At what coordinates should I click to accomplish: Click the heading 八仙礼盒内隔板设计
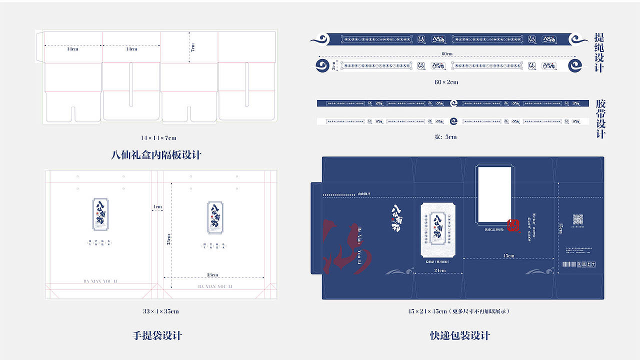pos(156,155)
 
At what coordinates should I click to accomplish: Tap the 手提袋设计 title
pos(157,335)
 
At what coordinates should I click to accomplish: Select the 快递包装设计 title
pos(460,335)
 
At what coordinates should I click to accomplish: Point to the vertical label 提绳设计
pos(599,52)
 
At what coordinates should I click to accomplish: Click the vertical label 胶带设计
pos(600,119)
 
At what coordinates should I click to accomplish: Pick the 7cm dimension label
pos(192,47)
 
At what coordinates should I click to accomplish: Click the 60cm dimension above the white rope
pos(446,54)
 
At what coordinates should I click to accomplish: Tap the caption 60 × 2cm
pos(446,82)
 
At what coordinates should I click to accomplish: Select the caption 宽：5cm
pos(445,137)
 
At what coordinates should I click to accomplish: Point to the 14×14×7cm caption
pos(158,138)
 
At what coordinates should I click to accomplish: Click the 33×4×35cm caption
pos(160,311)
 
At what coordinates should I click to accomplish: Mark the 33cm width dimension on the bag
pos(212,275)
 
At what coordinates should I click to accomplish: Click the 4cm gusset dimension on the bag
pos(158,206)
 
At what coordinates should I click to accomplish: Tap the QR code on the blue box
pos(578,219)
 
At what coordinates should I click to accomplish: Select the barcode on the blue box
pos(569,264)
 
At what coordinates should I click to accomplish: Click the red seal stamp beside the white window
pos(513,225)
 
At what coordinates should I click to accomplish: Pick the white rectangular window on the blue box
pos(494,194)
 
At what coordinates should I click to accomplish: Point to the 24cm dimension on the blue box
pos(439,270)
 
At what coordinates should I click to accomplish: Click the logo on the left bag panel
pos(99,214)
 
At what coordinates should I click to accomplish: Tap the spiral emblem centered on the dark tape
pos(453,103)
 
